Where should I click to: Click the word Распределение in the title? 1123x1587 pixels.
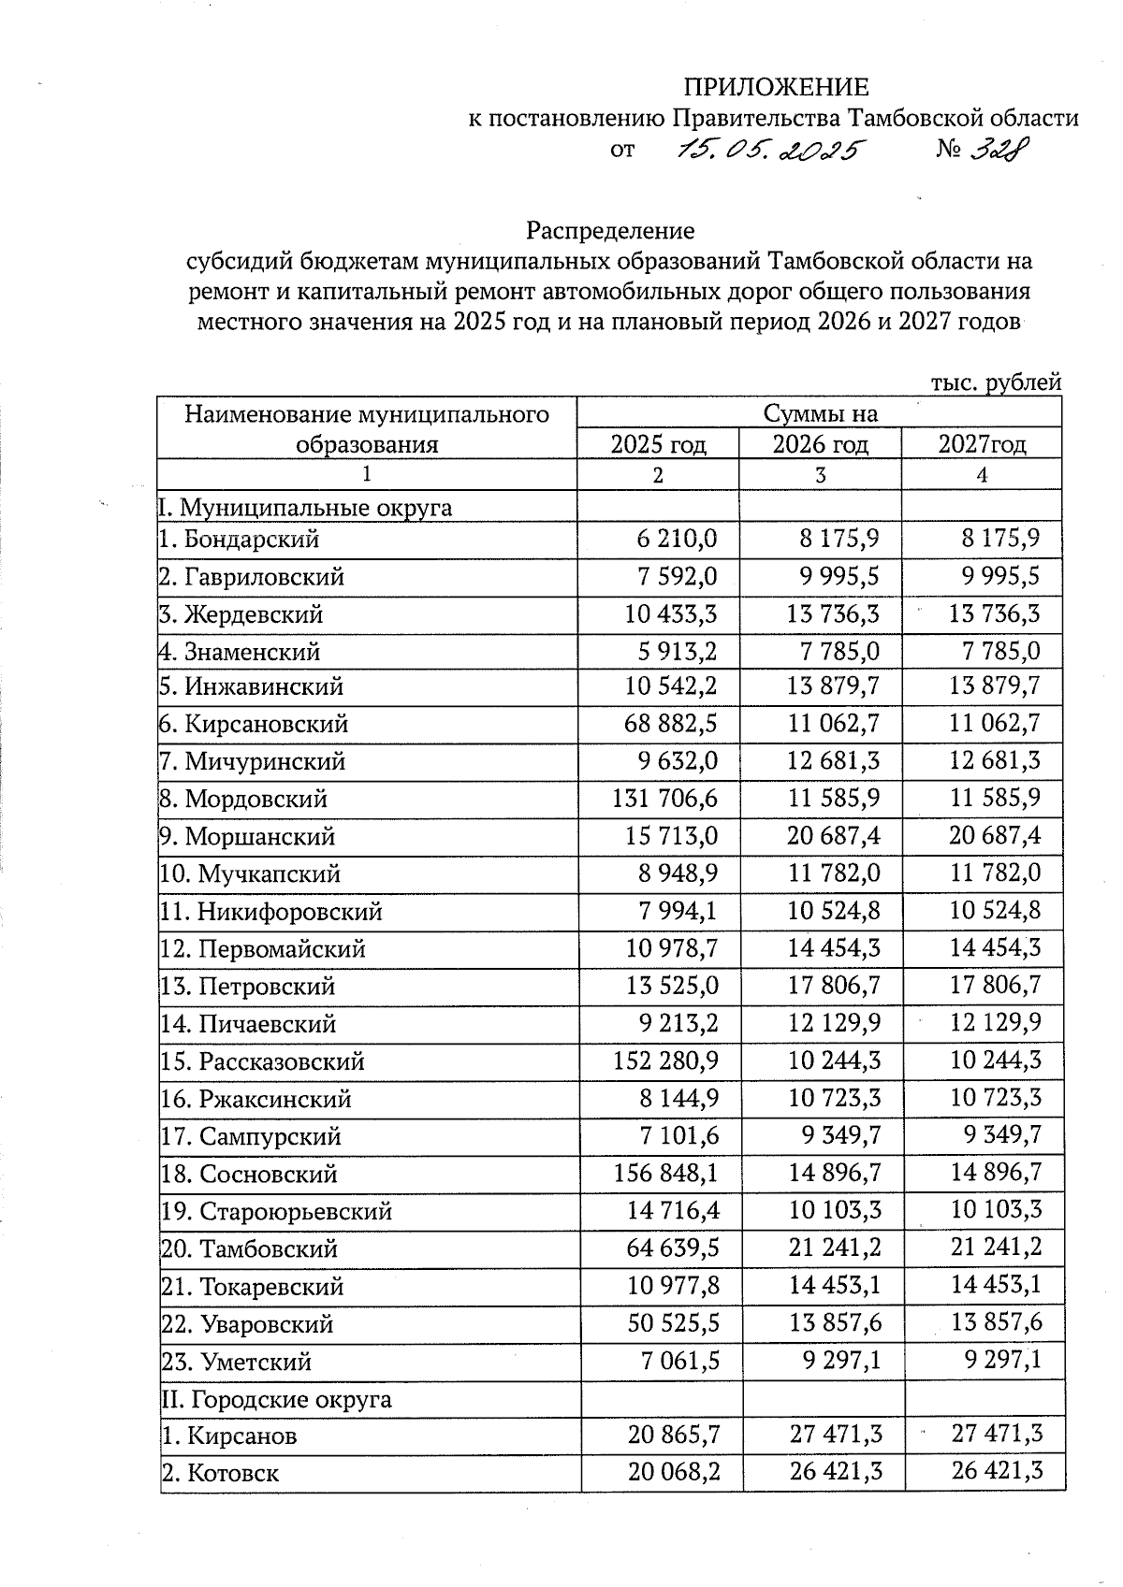(610, 230)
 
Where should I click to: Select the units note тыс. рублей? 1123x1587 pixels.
(996, 382)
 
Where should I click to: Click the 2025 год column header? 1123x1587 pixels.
(658, 443)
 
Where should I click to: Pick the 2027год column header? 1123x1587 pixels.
(982, 443)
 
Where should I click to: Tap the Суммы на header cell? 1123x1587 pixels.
(820, 412)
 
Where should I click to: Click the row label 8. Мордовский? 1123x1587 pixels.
(243, 800)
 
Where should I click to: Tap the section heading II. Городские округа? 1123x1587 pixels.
(276, 1400)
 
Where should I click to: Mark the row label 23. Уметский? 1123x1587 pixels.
(236, 1362)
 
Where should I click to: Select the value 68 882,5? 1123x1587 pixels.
(670, 724)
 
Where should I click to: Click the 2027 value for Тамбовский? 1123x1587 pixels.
(995, 1248)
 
